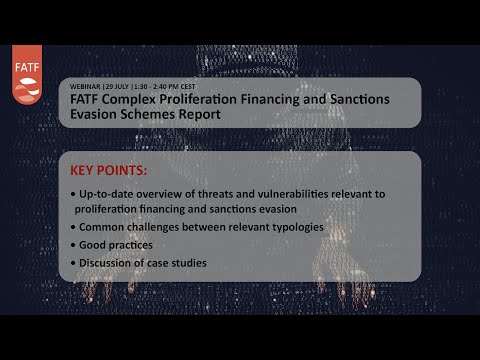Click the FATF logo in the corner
27,74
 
